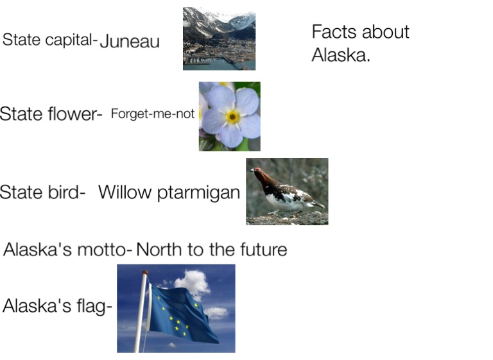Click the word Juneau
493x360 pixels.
click(x=130, y=41)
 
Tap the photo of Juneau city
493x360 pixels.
click(x=219, y=39)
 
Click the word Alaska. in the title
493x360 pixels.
click(x=341, y=55)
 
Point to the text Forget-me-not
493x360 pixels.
click(x=153, y=114)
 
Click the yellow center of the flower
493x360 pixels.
click(x=232, y=117)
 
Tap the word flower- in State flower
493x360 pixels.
click(x=75, y=113)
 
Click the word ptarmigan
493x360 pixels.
click(x=198, y=193)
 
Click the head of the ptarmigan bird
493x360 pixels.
click(x=257, y=171)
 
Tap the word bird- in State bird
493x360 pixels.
click(x=66, y=191)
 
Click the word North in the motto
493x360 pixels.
click(x=159, y=250)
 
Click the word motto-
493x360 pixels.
click(x=105, y=250)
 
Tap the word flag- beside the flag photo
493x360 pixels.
click(x=94, y=306)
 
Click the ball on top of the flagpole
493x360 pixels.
click(x=145, y=273)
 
